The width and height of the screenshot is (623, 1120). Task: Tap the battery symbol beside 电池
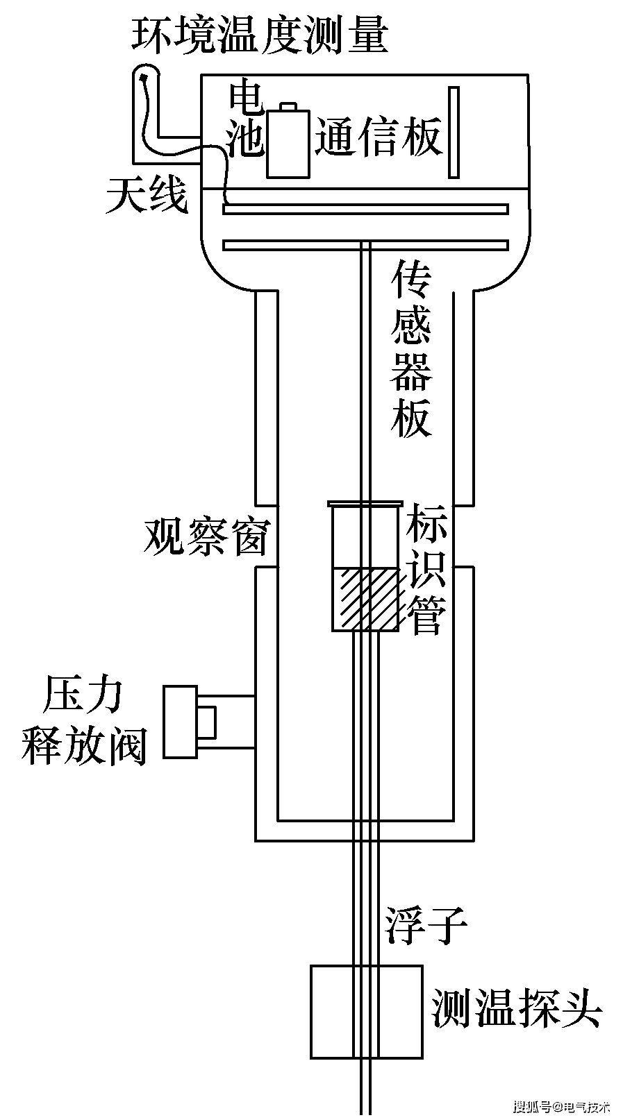[288, 144]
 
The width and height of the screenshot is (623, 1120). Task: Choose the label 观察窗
[206, 536]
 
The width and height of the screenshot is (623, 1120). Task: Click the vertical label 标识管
[426, 569]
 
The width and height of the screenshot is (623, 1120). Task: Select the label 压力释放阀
[84, 722]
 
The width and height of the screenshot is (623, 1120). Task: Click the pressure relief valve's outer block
[180, 722]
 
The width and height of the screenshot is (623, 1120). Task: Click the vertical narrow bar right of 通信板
[453, 132]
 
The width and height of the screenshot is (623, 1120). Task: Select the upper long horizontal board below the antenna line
[365, 209]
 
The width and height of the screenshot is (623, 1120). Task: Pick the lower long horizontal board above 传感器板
[365, 244]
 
